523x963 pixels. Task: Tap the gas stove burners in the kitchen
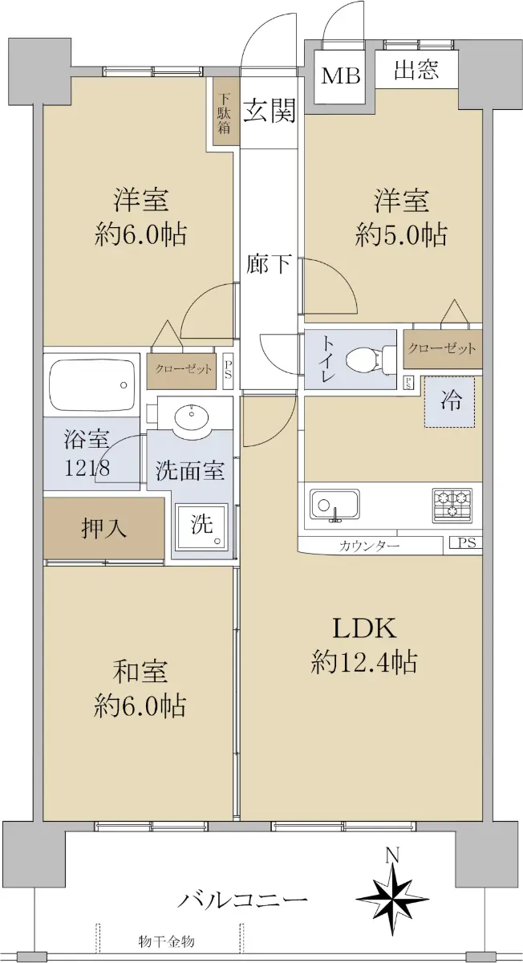tap(452, 505)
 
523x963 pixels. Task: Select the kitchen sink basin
tap(335, 504)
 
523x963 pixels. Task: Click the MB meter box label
tap(341, 76)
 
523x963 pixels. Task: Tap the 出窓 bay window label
tap(416, 69)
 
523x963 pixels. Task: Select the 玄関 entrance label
tap(270, 111)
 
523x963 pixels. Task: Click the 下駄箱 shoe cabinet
tap(224, 113)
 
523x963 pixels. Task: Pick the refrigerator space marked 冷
tap(450, 402)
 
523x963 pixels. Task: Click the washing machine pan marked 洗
tap(202, 526)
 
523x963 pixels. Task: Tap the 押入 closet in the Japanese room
tap(103, 528)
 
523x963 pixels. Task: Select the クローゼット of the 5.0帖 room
tap(442, 348)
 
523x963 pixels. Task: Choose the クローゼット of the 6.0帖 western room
tap(184, 369)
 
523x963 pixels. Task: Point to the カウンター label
tap(369, 546)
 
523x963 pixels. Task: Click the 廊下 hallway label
tap(269, 263)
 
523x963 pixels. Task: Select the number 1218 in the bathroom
tap(87, 468)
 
